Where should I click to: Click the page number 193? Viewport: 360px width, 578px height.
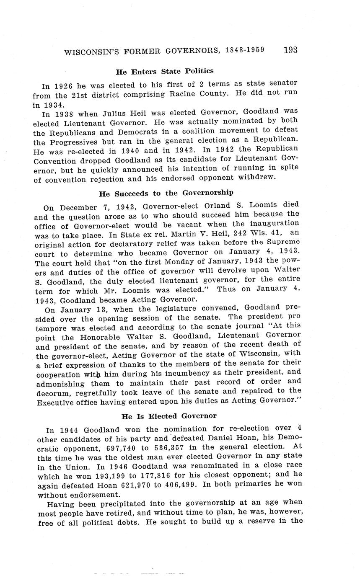[290, 50]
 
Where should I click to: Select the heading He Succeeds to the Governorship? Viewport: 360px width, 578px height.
[166, 193]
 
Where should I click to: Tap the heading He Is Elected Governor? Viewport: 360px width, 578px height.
[169, 416]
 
